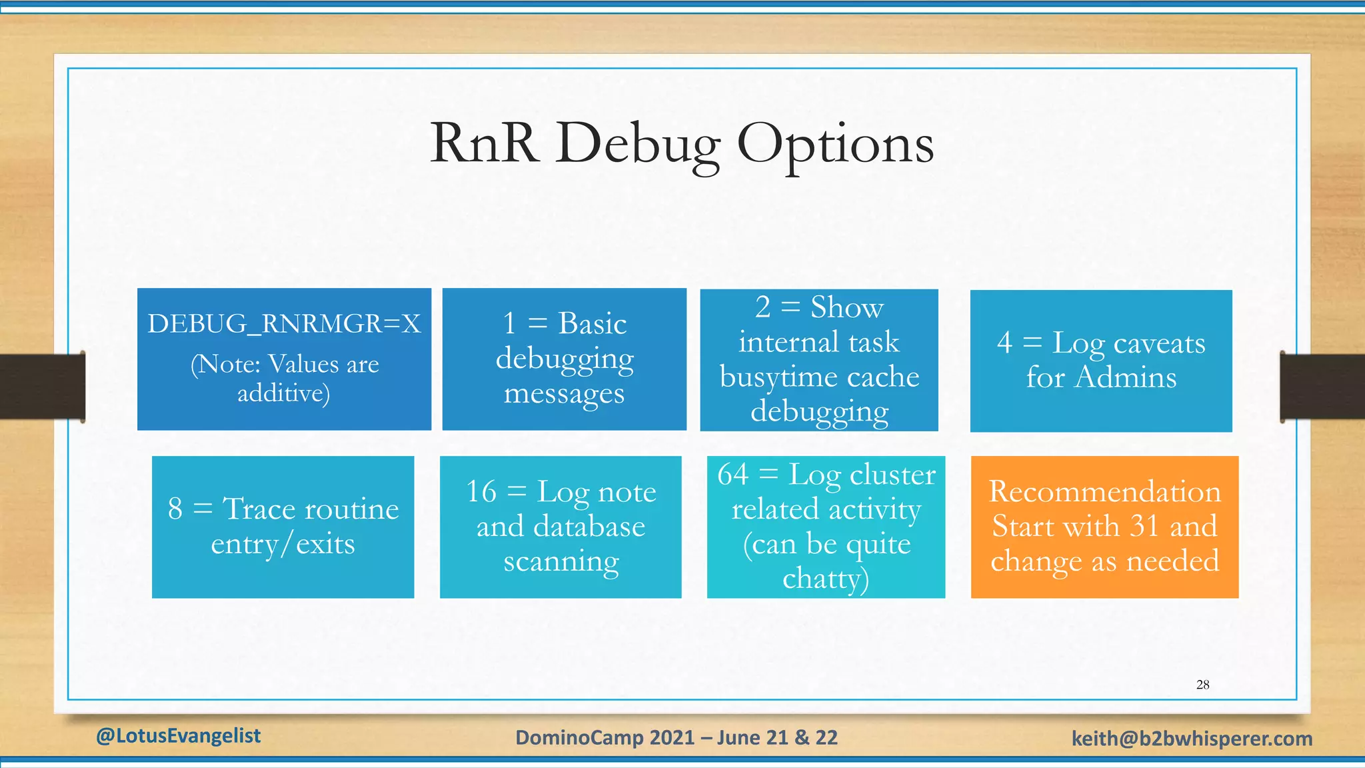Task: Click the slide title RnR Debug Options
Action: [681, 144]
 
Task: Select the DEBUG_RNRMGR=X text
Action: [284, 324]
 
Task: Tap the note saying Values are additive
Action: [284, 378]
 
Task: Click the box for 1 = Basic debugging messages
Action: [564, 359]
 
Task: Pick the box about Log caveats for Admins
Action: [1100, 361]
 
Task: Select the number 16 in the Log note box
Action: [481, 492]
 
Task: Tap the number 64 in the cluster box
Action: [732, 475]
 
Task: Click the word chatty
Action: [825, 579]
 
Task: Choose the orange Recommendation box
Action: [1104, 527]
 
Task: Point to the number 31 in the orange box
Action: [1144, 526]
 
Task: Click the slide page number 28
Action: [1202, 685]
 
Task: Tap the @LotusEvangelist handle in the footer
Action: [178, 736]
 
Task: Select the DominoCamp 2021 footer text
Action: [676, 737]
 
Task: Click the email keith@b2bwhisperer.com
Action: [1192, 739]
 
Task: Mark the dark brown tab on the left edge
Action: [41, 387]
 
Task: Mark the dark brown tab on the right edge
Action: [1322, 387]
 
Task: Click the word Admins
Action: [1126, 377]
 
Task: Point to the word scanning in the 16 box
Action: [561, 561]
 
